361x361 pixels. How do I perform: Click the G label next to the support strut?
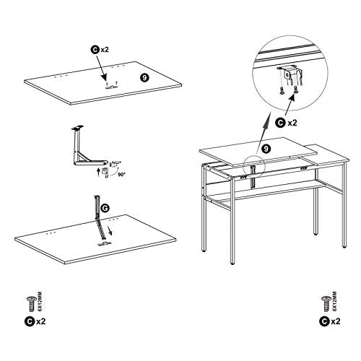[105, 209]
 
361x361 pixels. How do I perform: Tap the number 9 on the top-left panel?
[144, 77]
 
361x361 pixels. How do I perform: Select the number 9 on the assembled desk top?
[266, 149]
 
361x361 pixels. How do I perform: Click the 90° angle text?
[122, 175]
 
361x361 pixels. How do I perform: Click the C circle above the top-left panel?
[95, 50]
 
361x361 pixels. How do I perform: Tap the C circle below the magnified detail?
[280, 123]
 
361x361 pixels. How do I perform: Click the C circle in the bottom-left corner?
[30, 321]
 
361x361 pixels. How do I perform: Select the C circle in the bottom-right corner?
[324, 321]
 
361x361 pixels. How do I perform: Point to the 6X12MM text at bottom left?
[40, 302]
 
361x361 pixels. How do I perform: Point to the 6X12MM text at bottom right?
[335, 302]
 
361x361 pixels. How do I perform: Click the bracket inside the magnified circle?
[292, 75]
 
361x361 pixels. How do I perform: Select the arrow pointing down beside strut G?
[110, 231]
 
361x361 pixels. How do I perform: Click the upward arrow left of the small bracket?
[98, 173]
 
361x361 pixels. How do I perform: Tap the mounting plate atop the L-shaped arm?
[79, 127]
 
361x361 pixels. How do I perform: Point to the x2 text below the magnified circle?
[292, 123]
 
